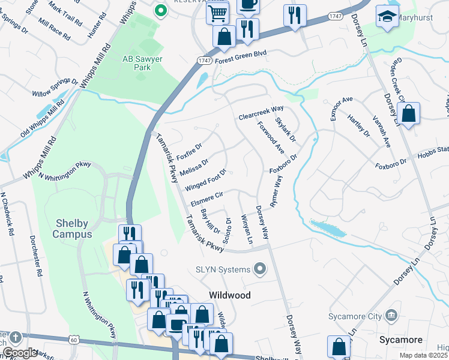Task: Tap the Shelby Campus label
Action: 71,229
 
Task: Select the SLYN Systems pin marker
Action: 260,269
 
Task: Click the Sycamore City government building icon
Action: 391,316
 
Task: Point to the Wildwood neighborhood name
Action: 229,295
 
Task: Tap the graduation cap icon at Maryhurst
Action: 387,17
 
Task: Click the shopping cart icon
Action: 217,13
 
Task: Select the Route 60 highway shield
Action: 73,340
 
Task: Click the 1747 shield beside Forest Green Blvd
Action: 204,60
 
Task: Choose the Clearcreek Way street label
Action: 261,109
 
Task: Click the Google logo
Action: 20,353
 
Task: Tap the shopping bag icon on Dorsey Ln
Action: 408,114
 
